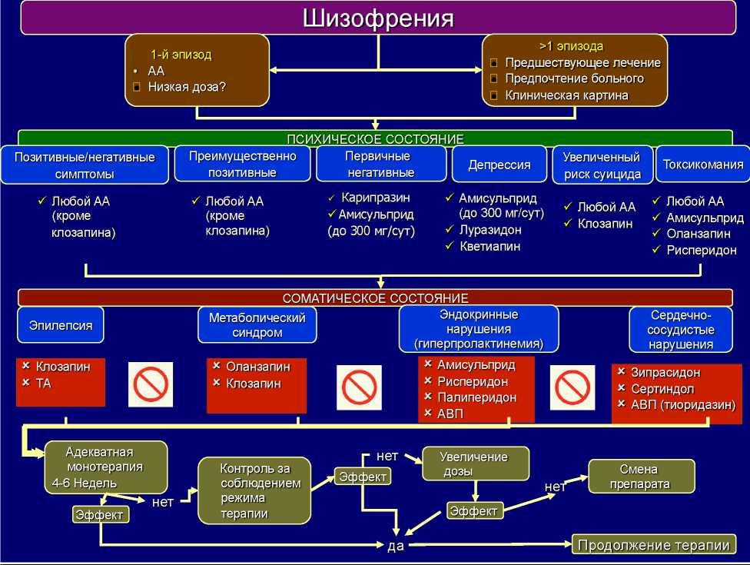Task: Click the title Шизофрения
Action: [377, 18]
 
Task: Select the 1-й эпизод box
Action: [197, 70]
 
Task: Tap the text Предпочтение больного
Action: [574, 78]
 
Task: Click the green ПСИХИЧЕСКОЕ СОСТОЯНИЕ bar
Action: [375, 139]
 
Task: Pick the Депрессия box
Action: [499, 165]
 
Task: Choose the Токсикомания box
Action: [702, 165]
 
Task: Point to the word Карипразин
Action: [376, 198]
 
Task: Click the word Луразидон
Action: [490, 230]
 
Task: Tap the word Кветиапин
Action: [489, 247]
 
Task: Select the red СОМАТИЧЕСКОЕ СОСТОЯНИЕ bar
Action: [375, 298]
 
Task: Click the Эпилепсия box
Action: [61, 325]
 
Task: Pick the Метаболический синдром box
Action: [257, 325]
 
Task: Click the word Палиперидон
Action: [476, 397]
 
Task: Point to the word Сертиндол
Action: [662, 389]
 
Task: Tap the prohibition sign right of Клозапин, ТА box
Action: [151, 384]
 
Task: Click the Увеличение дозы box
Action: [474, 464]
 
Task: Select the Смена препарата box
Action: [640, 477]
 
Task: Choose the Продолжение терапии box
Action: [653, 545]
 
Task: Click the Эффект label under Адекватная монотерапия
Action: [101, 515]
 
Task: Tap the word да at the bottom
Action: [395, 546]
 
